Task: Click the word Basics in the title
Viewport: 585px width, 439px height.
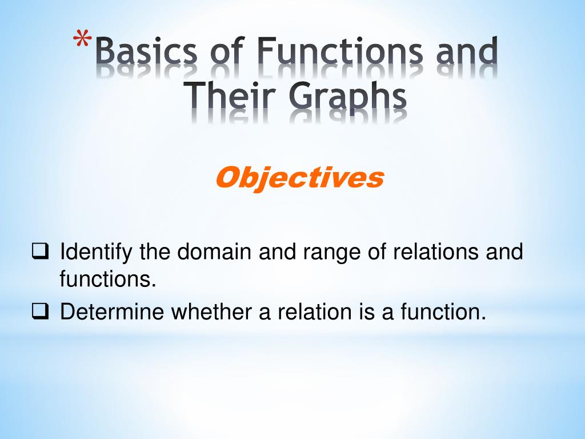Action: point(145,52)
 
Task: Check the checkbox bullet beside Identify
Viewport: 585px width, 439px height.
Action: point(39,250)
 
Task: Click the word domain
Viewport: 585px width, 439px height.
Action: point(214,252)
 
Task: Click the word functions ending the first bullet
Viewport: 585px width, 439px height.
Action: point(107,280)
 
